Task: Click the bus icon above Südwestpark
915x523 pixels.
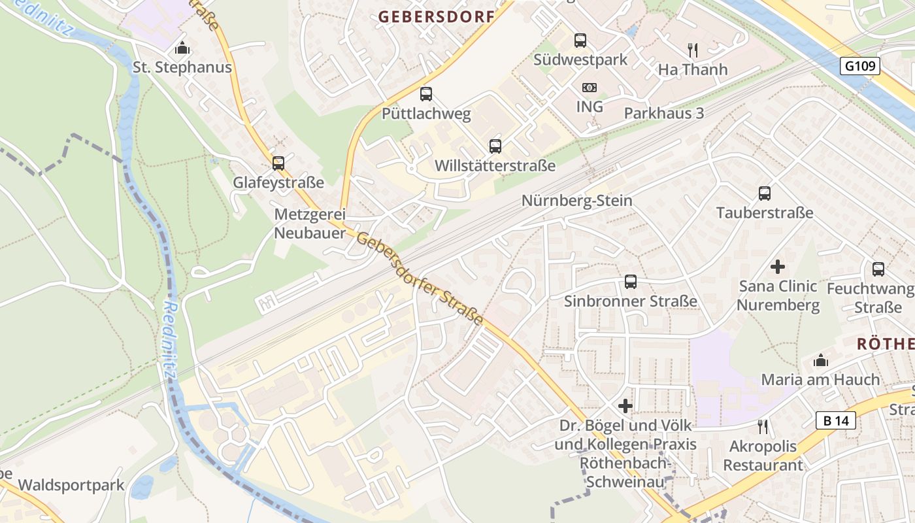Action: coord(580,41)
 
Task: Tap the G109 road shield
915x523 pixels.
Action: coord(861,66)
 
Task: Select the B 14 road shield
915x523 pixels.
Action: coord(836,420)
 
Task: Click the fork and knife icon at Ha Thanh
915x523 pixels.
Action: coord(693,50)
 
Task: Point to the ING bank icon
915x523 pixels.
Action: coord(589,88)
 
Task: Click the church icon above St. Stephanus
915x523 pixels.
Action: coord(182,48)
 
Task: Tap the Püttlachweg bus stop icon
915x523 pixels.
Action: coord(426,94)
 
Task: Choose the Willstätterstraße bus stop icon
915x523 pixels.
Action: coord(495,146)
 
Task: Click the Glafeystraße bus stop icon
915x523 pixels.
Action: coord(278,163)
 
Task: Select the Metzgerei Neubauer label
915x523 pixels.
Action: coord(310,224)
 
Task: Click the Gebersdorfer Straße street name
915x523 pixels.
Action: coord(420,279)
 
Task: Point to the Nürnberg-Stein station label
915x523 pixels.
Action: coord(576,201)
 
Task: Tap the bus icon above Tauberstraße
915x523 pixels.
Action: coord(765,194)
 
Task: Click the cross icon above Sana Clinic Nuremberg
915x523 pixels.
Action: coord(778,267)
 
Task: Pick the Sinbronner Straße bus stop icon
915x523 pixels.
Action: coord(631,282)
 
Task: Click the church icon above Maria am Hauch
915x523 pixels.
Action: coord(821,360)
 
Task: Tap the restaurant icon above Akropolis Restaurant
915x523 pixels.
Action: coord(762,427)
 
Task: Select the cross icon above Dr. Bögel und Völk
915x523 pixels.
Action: coord(625,406)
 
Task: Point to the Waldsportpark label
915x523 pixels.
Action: coord(71,485)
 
